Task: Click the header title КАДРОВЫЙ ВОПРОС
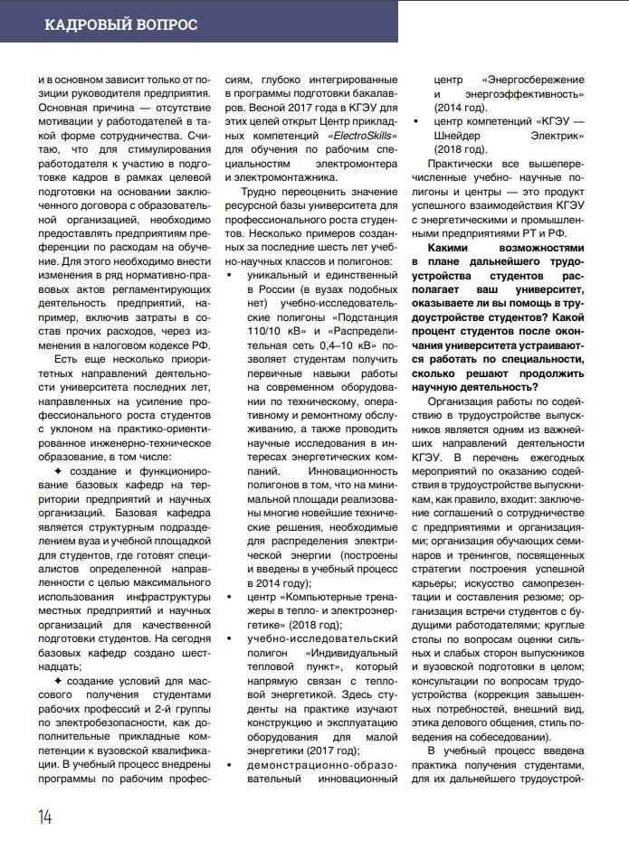coord(121,24)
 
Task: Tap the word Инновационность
coord(348,471)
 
